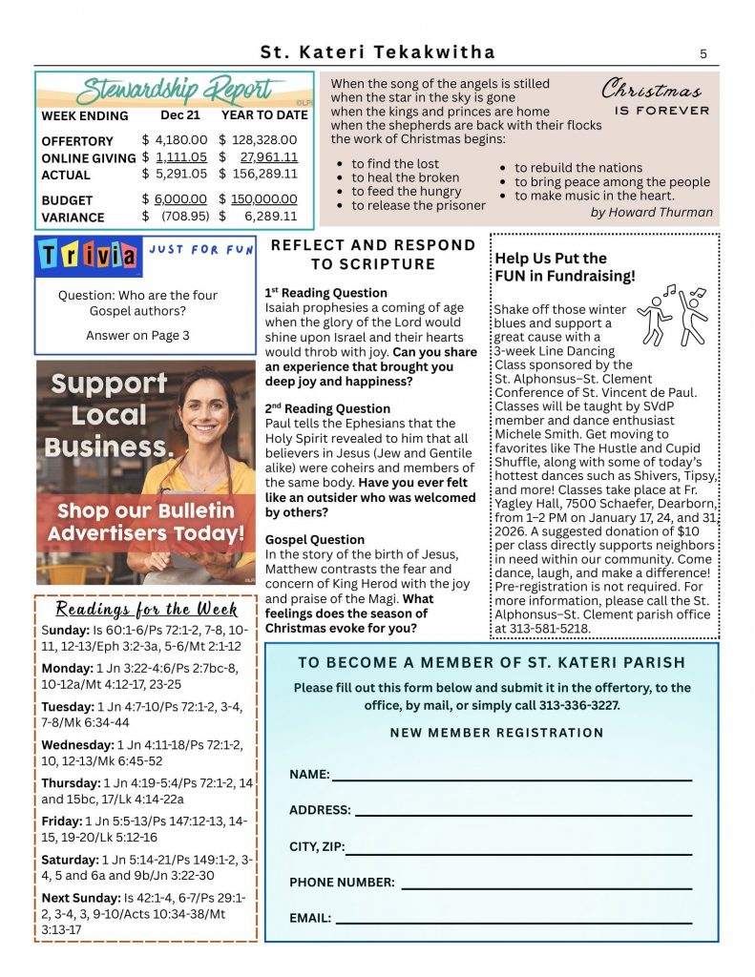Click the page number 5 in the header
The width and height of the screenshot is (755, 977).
[x=703, y=53]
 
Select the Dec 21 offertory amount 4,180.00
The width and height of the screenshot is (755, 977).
[x=180, y=140]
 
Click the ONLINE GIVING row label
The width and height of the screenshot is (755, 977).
[x=88, y=158]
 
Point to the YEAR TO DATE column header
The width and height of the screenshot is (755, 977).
[x=264, y=115]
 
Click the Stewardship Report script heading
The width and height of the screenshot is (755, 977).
[x=175, y=91]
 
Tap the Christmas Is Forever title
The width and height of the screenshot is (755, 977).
[x=656, y=97]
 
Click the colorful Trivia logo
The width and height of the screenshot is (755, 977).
[x=87, y=256]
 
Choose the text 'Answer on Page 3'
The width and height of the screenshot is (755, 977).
[x=137, y=335]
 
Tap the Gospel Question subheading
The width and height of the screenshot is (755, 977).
[x=315, y=539]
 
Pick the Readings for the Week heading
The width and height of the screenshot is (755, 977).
[x=146, y=609]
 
